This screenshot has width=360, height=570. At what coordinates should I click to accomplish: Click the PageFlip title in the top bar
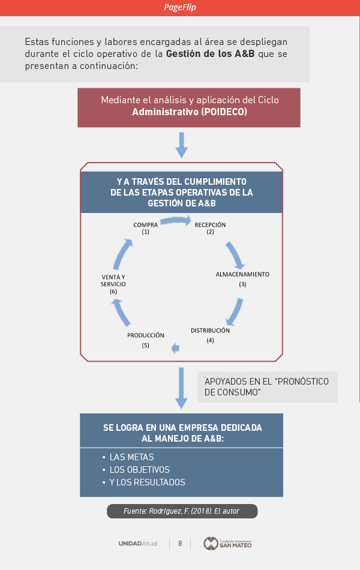click(x=180, y=7)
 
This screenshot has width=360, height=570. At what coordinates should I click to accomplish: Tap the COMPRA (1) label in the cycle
click(x=145, y=228)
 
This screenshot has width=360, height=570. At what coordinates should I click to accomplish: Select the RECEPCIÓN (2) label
click(x=210, y=228)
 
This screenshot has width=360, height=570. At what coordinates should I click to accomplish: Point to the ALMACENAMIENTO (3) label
click(x=242, y=278)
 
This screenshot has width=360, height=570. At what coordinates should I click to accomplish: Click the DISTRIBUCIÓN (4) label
click(x=210, y=335)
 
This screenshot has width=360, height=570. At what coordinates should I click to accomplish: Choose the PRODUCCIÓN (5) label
click(x=145, y=340)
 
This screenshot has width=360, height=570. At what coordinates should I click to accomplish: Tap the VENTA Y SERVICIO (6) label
click(x=113, y=284)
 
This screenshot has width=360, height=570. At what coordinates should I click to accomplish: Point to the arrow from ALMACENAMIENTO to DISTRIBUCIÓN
click(x=234, y=311)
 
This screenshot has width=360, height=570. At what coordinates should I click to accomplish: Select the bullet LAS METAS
click(x=131, y=457)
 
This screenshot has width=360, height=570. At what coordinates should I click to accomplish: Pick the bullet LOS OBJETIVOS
click(x=139, y=470)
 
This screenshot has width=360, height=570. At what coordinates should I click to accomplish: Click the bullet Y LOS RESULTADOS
click(x=147, y=482)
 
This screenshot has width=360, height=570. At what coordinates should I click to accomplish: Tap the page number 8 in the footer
click(x=180, y=544)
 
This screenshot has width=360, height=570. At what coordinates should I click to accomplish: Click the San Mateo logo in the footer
click(x=227, y=544)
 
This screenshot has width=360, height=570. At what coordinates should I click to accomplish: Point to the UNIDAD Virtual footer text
click(x=138, y=544)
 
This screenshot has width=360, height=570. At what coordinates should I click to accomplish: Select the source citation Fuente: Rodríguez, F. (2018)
click(x=182, y=511)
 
